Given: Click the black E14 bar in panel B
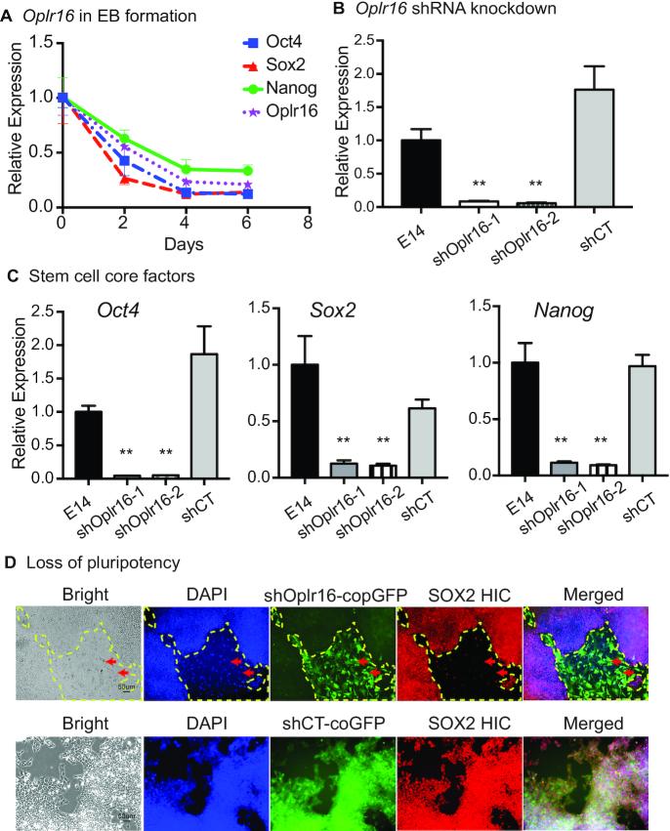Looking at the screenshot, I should click(x=419, y=173).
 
